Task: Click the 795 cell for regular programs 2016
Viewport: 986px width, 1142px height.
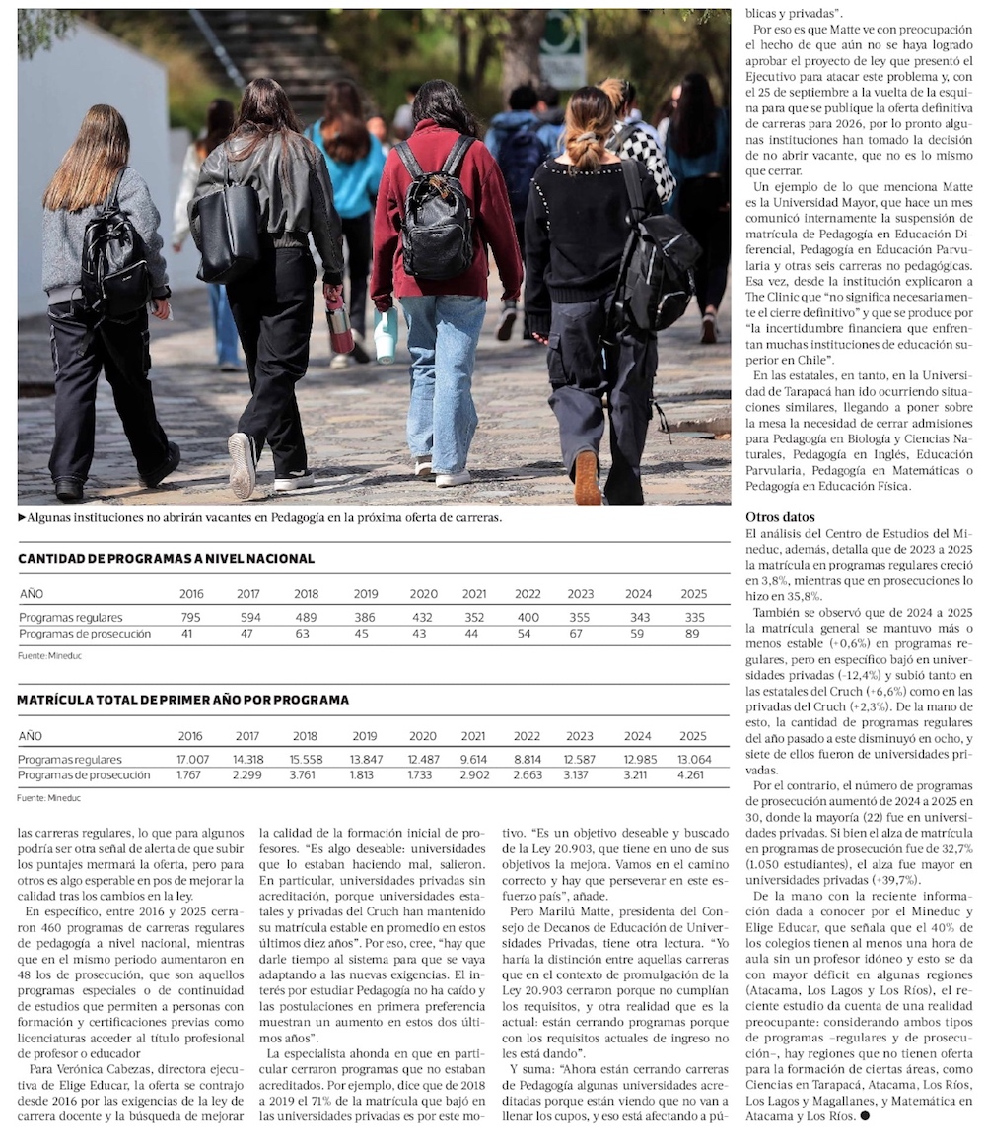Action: click(x=190, y=617)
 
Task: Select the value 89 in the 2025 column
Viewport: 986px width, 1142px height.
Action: click(x=694, y=634)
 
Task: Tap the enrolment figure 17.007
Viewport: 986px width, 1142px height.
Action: click(x=192, y=759)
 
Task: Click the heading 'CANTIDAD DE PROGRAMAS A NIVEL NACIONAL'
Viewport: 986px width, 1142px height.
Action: click(x=166, y=559)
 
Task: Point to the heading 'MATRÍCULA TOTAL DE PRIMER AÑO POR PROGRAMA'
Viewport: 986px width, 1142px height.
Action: click(x=182, y=700)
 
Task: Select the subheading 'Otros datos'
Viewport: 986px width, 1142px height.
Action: click(x=780, y=517)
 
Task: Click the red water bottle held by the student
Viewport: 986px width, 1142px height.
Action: click(x=339, y=327)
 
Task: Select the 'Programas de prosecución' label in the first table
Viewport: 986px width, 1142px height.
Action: click(x=85, y=634)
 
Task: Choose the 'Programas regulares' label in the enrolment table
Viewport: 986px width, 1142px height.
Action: click(x=70, y=759)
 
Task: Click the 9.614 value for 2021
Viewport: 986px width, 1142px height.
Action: click(x=473, y=759)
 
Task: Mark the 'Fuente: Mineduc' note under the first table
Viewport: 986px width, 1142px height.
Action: click(x=42, y=655)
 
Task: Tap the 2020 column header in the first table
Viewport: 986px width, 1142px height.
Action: click(x=423, y=594)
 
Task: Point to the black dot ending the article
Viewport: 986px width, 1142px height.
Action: click(x=865, y=1116)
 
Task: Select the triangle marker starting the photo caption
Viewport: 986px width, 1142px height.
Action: click(x=22, y=517)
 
